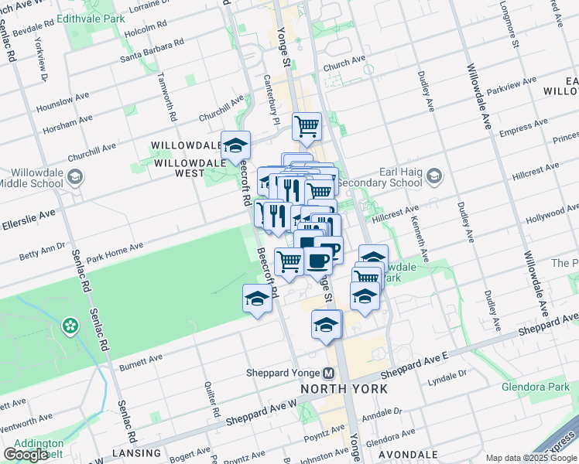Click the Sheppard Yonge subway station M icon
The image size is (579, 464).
(329, 372)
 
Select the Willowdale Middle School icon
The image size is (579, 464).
(75, 179)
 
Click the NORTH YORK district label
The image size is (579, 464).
(344, 388)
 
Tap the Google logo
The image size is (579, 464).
(26, 455)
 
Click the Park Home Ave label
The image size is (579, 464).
(115, 252)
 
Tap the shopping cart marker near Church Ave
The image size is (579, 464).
(307, 126)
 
